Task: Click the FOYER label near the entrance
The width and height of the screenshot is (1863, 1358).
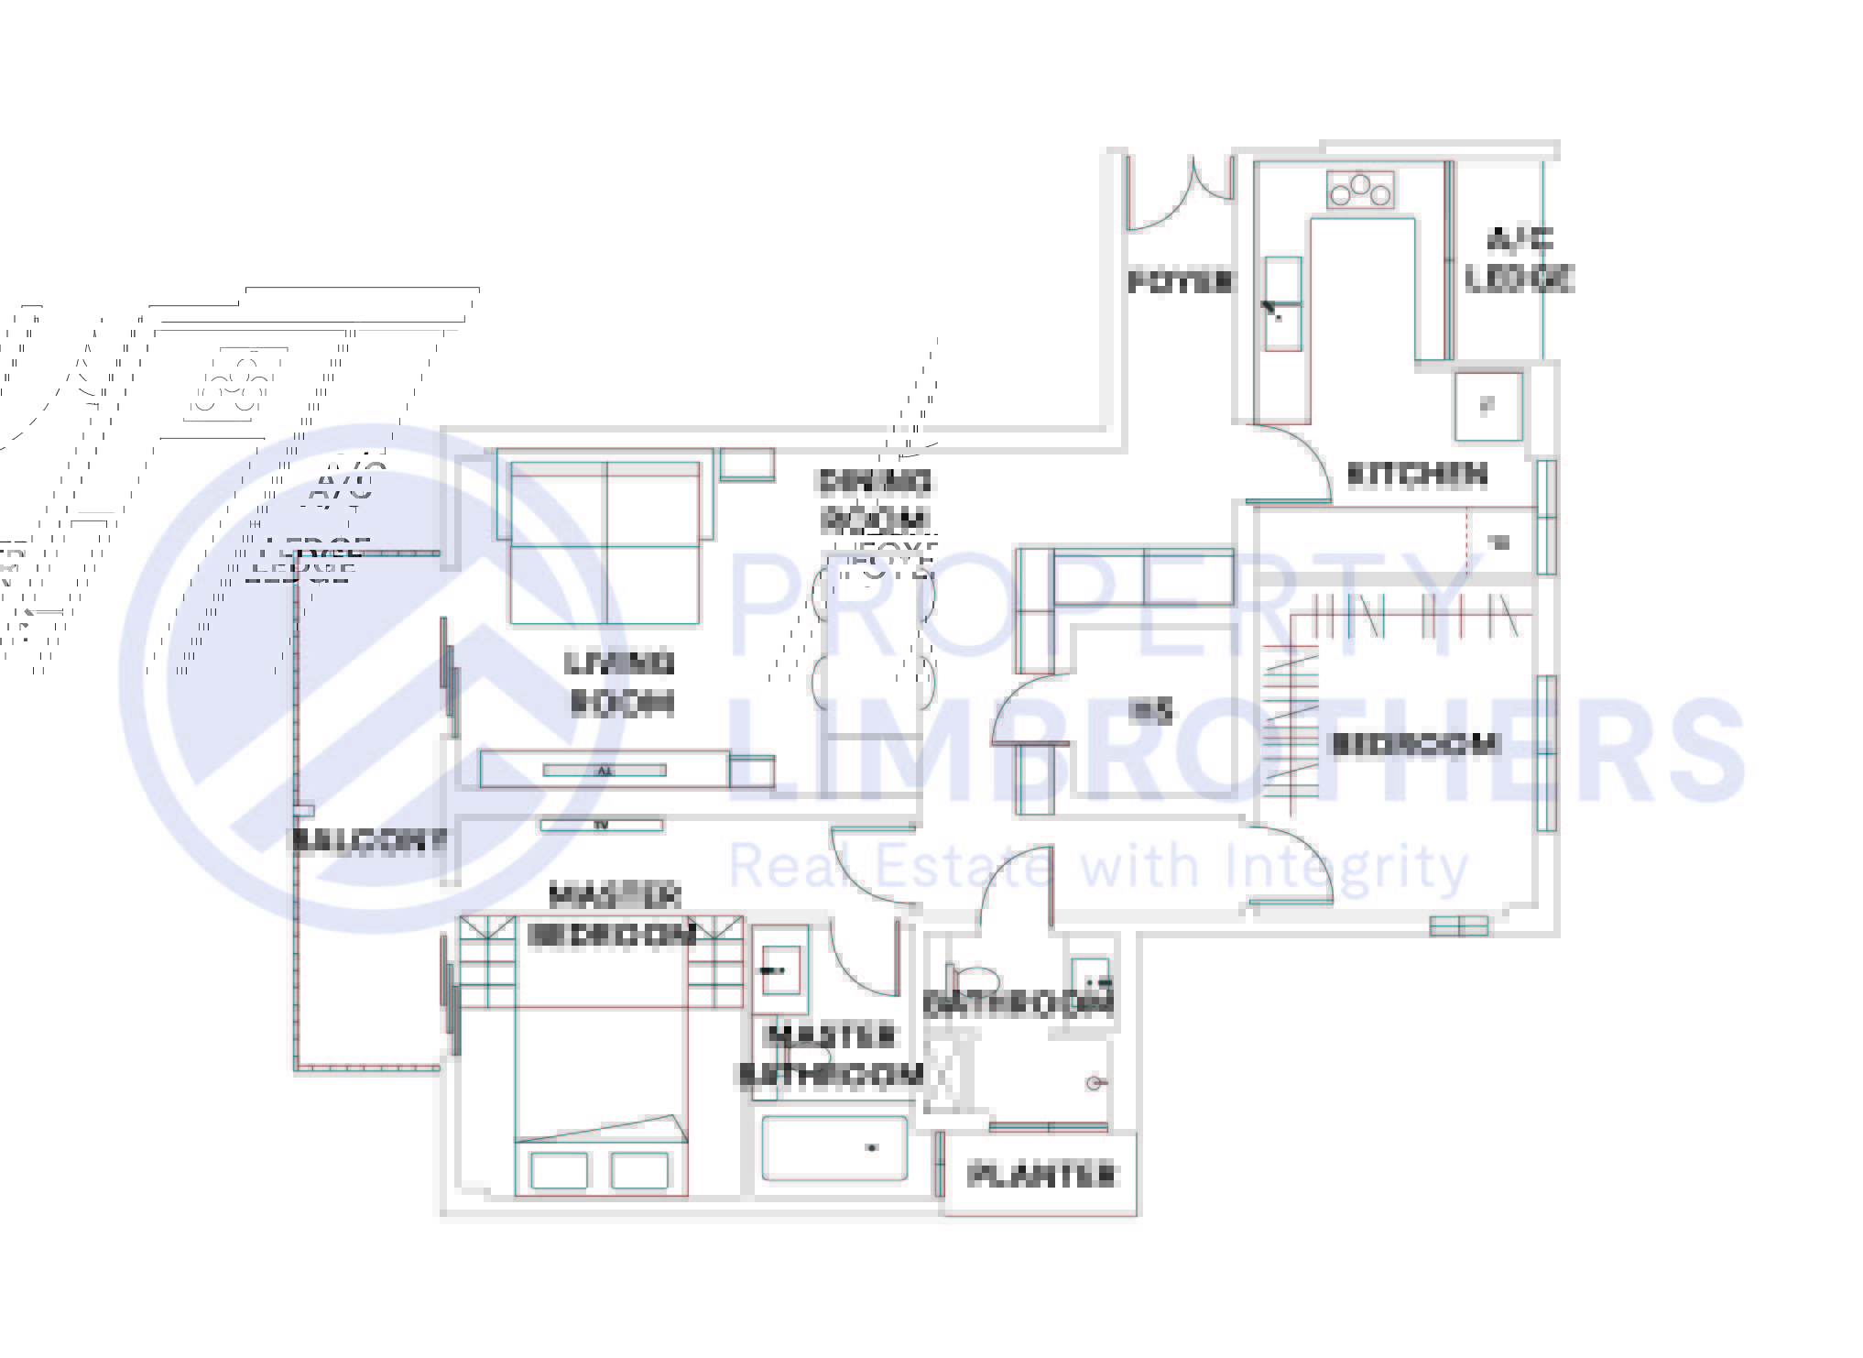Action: [x=1180, y=281]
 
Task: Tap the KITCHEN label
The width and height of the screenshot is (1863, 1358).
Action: [x=1417, y=474]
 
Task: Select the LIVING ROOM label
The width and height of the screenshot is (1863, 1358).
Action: [x=621, y=682]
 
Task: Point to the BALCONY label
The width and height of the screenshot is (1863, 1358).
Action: [x=368, y=840]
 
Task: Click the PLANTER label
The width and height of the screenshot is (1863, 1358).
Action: [x=1042, y=1174]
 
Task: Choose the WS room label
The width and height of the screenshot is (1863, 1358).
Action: [x=1151, y=710]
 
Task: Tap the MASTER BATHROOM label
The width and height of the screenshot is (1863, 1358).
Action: [x=830, y=1055]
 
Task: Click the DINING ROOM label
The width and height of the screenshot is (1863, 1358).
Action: [x=874, y=500]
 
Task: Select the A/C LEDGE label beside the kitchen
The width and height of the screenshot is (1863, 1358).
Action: [x=1520, y=259]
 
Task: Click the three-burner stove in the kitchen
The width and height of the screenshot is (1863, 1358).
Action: [x=1360, y=190]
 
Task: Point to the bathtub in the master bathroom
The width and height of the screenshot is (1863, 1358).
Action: [x=834, y=1148]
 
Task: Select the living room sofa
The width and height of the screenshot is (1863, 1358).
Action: [x=605, y=536]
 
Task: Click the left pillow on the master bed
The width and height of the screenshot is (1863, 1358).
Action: [x=559, y=1170]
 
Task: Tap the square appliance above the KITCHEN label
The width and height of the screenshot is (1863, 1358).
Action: [x=1488, y=405]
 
